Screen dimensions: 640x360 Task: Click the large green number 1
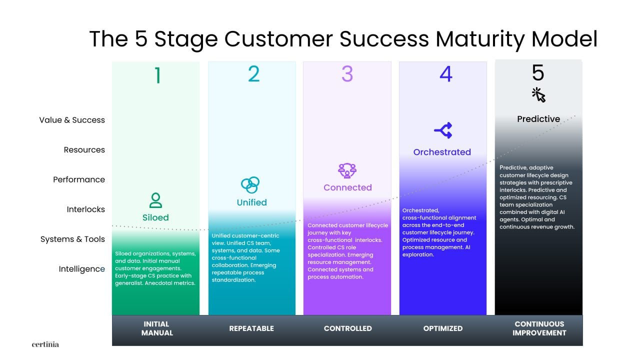(157, 75)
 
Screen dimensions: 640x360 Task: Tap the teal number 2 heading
(253, 74)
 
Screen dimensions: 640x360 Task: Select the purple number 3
(347, 74)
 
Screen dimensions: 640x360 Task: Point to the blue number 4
(445, 74)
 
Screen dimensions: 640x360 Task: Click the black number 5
(538, 72)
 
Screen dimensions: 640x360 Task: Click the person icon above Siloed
(155, 200)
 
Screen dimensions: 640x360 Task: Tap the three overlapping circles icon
(250, 185)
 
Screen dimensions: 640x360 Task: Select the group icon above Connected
(347, 170)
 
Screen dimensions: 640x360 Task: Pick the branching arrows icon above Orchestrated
(443, 130)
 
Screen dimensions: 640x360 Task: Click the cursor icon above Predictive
(538, 95)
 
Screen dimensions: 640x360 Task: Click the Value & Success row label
(72, 120)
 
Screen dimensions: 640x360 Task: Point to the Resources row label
(84, 149)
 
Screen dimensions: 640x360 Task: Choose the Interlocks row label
(85, 209)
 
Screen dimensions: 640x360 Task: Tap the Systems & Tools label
(72, 239)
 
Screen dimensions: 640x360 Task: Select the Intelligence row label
(81, 269)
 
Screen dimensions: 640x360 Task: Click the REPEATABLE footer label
(251, 328)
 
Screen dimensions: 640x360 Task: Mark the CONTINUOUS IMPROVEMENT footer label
(539, 328)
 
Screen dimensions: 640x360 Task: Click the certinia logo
(45, 344)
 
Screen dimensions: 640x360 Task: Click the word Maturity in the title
(480, 39)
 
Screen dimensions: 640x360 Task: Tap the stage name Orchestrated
(442, 152)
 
